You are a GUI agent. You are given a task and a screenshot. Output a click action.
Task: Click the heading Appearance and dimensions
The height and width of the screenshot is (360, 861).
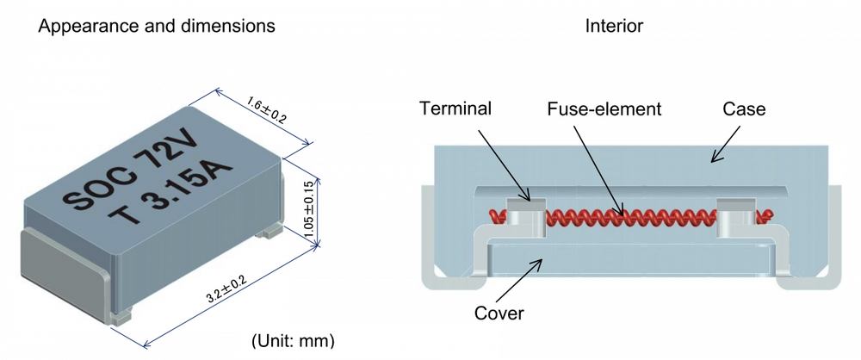tap(157, 25)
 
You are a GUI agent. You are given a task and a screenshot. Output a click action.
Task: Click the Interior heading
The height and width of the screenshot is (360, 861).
tap(614, 25)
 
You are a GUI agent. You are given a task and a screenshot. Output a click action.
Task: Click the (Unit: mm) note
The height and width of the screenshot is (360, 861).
tap(293, 341)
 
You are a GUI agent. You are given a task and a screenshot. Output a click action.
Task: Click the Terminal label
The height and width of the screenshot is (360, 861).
tap(455, 109)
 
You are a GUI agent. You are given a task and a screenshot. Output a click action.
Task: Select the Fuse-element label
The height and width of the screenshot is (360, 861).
tap(604, 109)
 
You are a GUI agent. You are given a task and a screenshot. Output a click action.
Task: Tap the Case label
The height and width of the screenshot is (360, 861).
tap(744, 109)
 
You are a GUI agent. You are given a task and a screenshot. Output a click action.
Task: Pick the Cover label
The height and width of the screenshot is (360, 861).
tap(499, 313)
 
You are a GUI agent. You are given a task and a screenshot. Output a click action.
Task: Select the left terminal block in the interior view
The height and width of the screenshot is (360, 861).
tap(526, 218)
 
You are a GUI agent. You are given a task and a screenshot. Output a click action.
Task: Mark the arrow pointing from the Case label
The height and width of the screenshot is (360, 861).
tap(727, 144)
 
